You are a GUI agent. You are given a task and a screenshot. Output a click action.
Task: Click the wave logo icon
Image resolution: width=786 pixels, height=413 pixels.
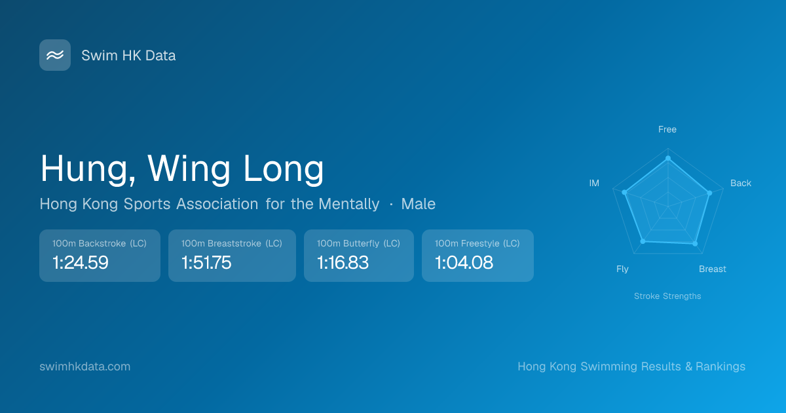pos(55,55)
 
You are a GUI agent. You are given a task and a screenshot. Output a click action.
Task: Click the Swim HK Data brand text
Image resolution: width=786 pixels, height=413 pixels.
pos(128,56)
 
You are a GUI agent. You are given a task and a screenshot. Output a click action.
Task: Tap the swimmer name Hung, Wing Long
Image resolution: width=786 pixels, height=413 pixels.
pos(182,169)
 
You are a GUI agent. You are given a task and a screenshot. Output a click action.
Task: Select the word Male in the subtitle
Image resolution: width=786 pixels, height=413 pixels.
pos(419,204)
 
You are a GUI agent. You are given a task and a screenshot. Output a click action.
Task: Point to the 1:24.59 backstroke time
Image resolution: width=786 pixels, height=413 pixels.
pos(81,262)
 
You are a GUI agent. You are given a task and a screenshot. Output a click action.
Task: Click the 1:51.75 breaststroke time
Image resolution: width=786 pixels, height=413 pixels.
pos(206,262)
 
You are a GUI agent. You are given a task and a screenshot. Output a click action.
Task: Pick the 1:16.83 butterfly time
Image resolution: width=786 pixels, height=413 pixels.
pos(343,262)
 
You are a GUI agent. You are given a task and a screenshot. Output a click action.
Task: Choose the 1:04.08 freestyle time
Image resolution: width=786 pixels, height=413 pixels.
pos(464,262)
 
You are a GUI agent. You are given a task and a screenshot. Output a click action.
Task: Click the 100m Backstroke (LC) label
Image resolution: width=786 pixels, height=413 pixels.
pos(100,243)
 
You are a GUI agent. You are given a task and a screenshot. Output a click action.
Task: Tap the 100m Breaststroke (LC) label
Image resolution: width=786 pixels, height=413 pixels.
pos(232,243)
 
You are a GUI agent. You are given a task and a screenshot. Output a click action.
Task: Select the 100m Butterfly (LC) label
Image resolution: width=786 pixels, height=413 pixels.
pos(359,243)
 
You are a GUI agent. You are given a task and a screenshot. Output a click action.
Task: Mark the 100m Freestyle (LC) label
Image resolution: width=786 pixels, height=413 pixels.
pos(477,243)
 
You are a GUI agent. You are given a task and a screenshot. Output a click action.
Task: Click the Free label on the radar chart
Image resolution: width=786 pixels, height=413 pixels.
pos(667,130)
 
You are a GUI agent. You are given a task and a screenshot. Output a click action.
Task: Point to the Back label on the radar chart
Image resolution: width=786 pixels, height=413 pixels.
pos(741,183)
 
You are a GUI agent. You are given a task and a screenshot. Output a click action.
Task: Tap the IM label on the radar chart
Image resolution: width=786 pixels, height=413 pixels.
pos(594,183)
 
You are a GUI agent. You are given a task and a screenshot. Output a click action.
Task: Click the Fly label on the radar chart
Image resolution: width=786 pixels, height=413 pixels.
pos(622,269)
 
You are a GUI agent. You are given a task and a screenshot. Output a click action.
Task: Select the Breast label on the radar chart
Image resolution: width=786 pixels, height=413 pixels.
pos(713,269)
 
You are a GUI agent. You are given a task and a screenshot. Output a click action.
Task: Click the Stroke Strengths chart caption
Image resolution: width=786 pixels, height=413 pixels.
pos(667,296)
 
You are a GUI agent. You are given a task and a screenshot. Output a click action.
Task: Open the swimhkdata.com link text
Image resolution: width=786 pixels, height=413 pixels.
pos(85,366)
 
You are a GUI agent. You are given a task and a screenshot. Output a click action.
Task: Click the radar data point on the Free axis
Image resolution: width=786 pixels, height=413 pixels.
pos(668,159)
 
